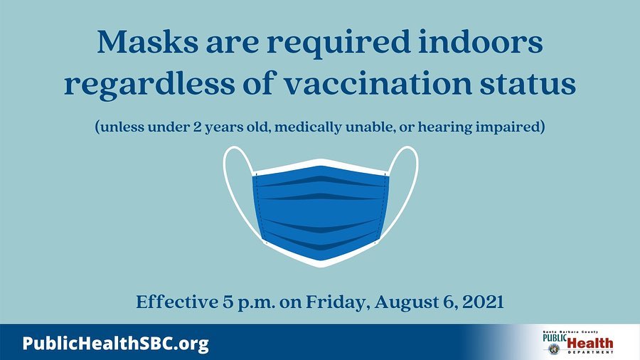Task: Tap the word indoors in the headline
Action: [481, 42]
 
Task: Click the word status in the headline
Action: [528, 84]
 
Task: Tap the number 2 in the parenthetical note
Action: [197, 127]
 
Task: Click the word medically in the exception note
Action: [308, 127]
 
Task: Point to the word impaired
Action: [507, 127]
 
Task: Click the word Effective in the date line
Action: [177, 302]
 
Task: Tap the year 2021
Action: [484, 302]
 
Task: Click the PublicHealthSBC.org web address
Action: [115, 344]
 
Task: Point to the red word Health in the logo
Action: [590, 344]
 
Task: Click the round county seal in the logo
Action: [554, 349]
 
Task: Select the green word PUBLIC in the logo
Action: [555, 338]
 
